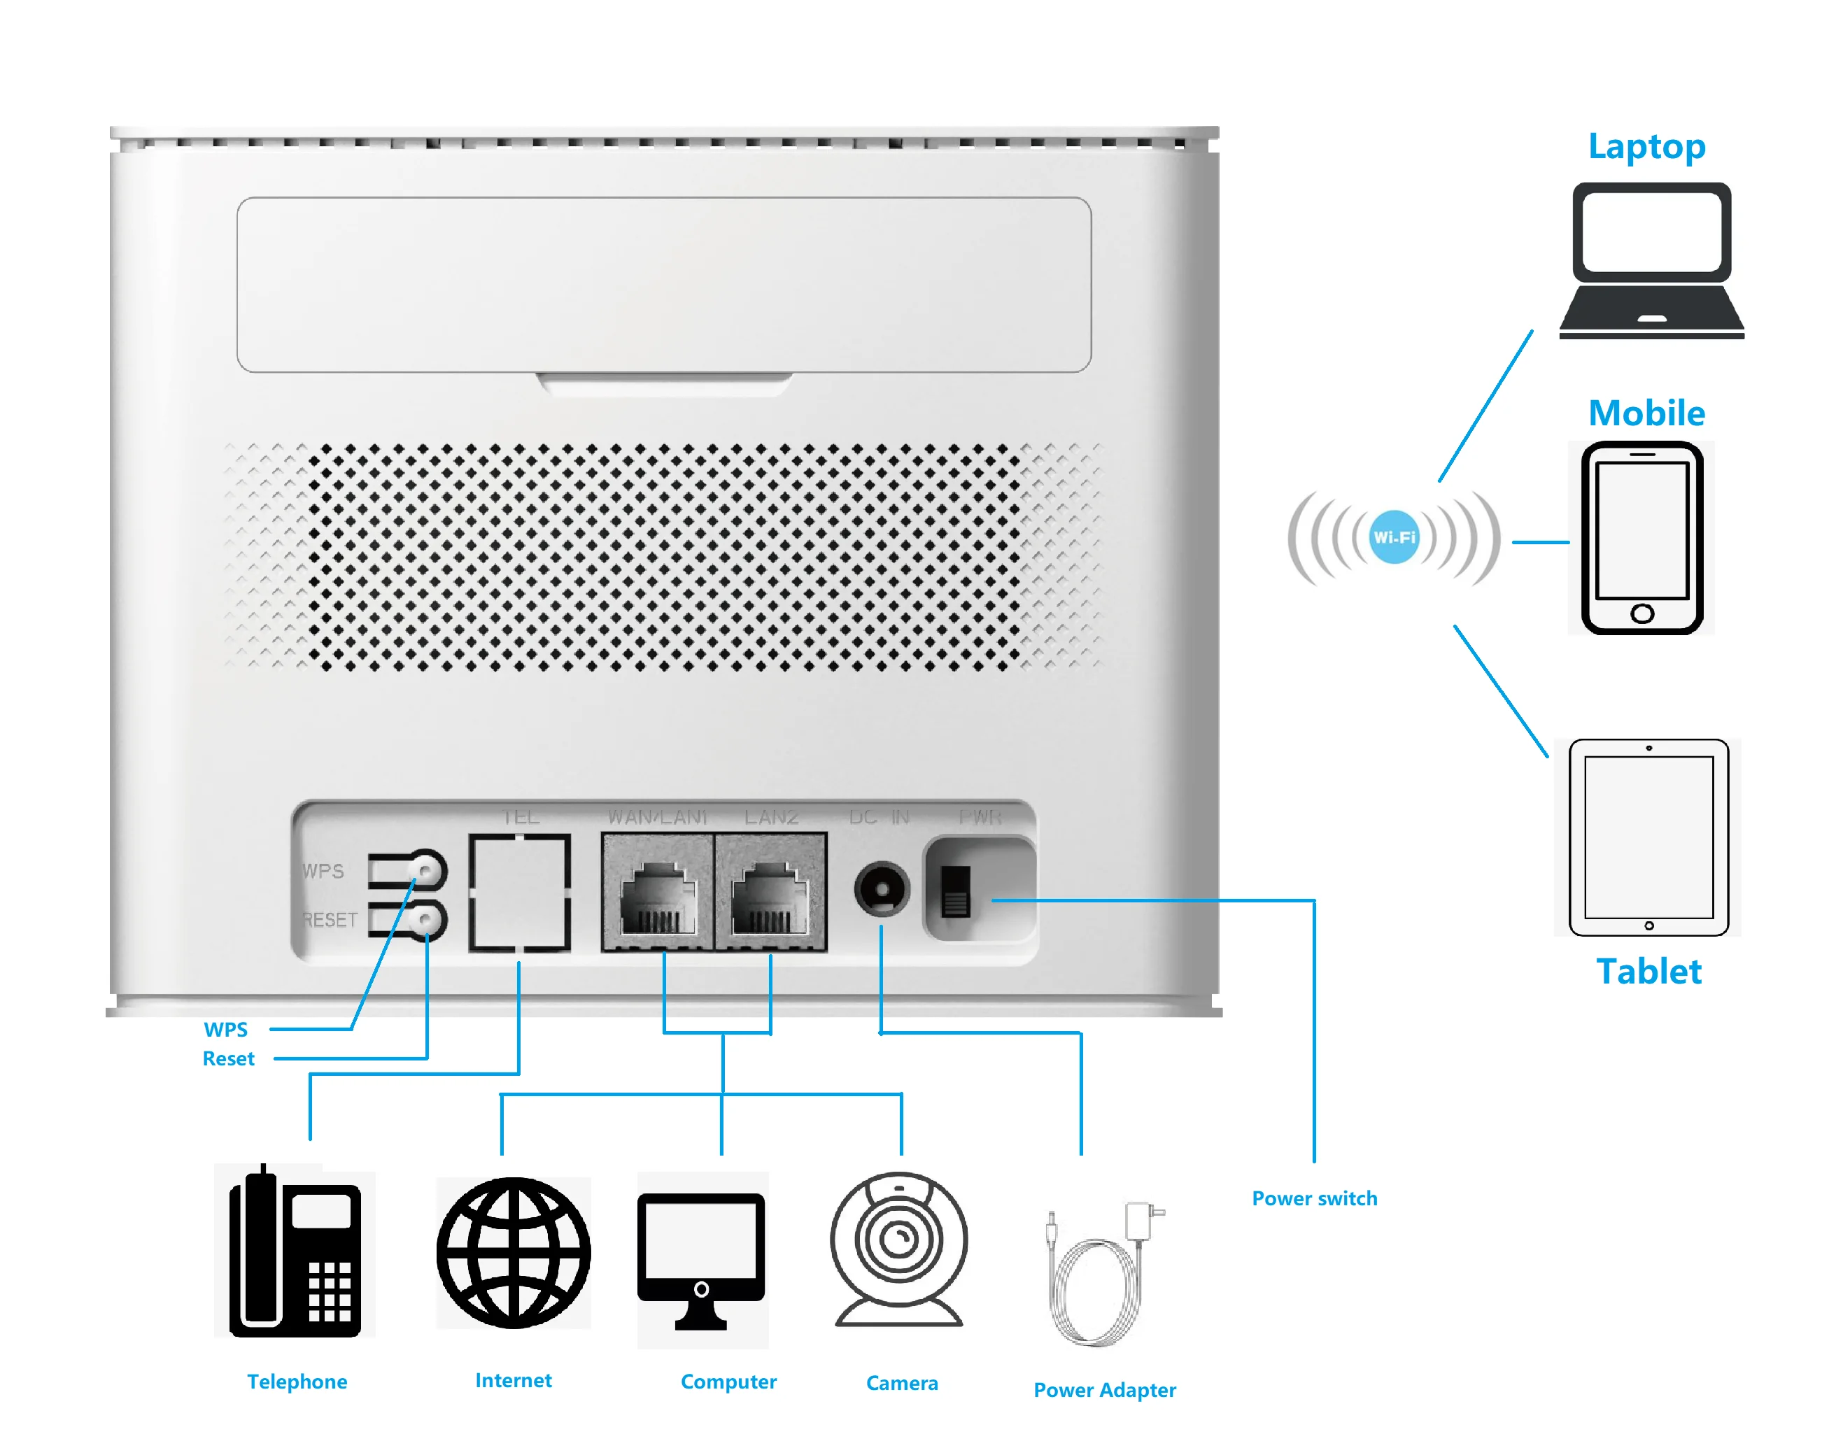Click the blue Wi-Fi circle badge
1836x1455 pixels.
click(1393, 537)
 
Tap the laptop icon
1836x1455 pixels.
click(1651, 260)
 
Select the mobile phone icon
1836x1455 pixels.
click(1642, 537)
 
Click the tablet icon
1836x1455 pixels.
click(1648, 837)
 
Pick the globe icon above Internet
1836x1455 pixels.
click(514, 1252)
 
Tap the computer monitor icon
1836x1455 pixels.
click(702, 1258)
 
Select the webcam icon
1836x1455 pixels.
click(899, 1249)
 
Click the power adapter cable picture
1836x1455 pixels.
click(1099, 1274)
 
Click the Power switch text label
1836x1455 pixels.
click(1314, 1198)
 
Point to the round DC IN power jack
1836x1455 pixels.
click(882, 890)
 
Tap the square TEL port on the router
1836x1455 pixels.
click(519, 893)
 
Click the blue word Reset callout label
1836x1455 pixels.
click(228, 1058)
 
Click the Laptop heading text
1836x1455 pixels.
click(1646, 146)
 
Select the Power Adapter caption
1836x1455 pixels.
click(1105, 1389)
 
